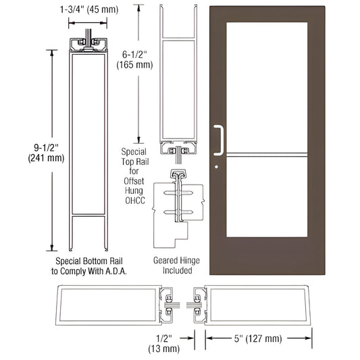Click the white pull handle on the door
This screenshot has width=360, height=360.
(218, 139)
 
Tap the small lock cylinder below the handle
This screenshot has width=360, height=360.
(215, 165)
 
